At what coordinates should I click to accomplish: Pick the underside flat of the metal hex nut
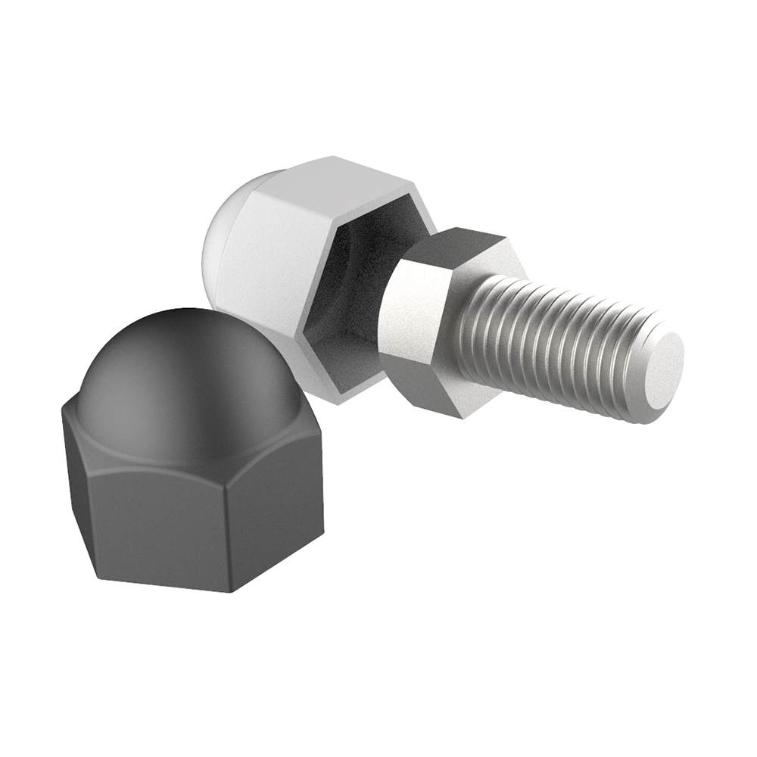447,394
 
